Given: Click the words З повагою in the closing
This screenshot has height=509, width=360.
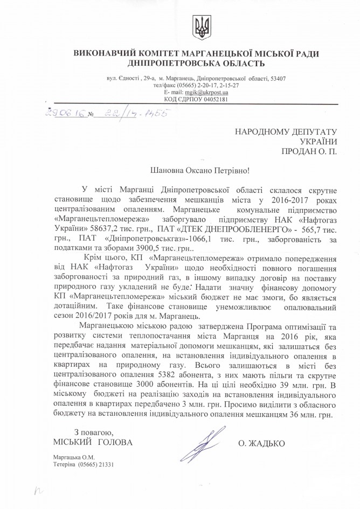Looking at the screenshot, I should [93, 433].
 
